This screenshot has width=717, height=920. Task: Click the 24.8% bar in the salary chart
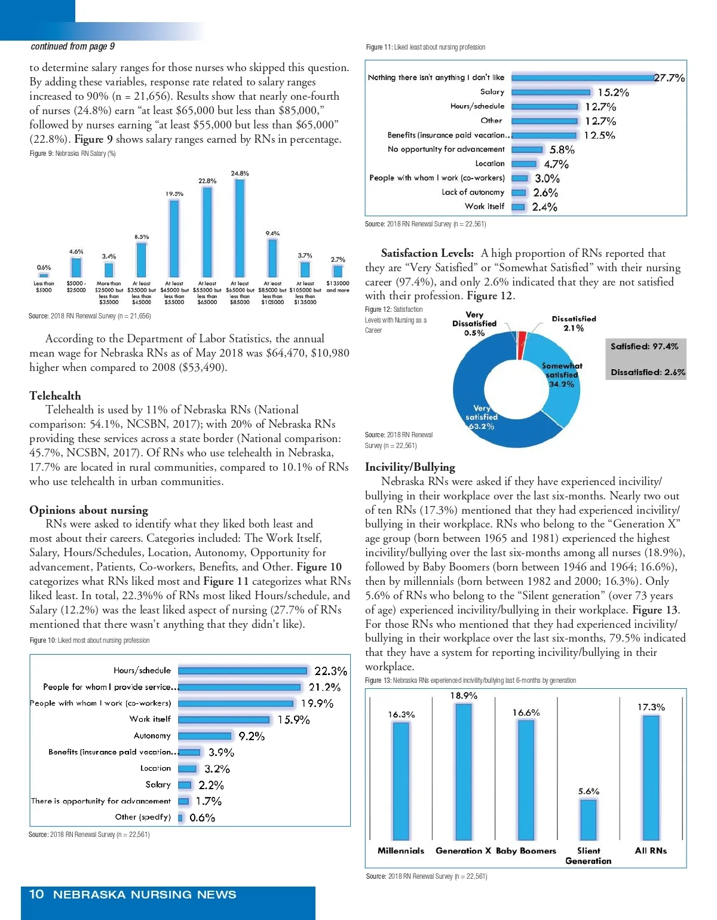(240, 227)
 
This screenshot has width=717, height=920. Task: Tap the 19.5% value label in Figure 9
(174, 194)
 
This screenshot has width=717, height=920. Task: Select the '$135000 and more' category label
(338, 287)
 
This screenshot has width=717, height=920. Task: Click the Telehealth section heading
(55, 395)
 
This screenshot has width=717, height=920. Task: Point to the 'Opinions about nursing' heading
(88, 510)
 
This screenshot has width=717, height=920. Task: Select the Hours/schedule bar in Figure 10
(243, 671)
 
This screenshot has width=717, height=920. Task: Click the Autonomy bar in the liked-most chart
(205, 736)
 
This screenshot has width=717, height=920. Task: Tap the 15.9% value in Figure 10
(293, 720)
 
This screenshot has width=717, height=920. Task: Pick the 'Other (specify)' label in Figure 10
(143, 817)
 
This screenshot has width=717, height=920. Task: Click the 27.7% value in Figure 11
(669, 78)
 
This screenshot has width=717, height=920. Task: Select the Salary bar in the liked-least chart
(551, 92)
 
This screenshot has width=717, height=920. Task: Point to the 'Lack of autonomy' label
(473, 192)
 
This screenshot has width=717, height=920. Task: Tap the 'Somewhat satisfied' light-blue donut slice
(556, 382)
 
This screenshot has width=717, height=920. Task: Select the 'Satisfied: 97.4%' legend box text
(644, 346)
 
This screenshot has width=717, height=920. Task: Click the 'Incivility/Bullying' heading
(410, 467)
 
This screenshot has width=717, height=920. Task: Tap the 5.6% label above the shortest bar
(589, 791)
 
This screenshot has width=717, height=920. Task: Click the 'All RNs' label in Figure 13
(651, 851)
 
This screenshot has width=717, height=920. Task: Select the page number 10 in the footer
(36, 894)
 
